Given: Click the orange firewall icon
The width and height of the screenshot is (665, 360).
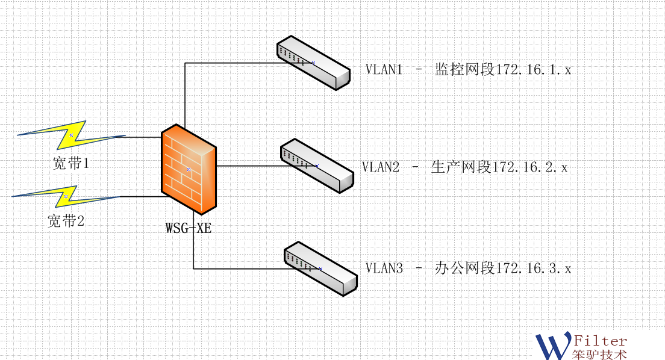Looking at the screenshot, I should click(x=189, y=169).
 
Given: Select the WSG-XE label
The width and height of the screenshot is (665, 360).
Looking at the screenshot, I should click(x=189, y=228).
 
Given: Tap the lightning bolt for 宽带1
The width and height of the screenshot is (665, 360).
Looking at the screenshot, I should click(x=71, y=135).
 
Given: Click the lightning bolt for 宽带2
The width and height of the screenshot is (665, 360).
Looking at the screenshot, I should click(x=66, y=196).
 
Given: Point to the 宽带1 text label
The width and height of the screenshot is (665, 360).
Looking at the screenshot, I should click(x=70, y=163).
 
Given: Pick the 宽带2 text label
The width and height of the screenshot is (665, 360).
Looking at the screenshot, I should click(x=66, y=221).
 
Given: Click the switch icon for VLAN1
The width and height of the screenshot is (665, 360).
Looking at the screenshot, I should click(x=313, y=63).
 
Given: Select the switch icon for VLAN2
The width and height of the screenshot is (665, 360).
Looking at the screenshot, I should click(x=317, y=166).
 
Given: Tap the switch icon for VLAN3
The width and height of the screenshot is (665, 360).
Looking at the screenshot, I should click(x=320, y=268).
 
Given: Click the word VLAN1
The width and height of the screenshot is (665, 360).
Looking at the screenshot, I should click(x=384, y=69).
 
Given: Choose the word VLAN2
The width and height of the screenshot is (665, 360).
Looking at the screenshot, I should click(x=381, y=167).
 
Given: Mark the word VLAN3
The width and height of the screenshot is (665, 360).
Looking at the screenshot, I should click(x=384, y=268).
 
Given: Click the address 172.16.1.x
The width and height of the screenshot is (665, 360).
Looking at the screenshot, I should click(x=533, y=70).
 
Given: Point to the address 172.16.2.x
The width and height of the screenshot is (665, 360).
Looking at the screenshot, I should click(x=530, y=167).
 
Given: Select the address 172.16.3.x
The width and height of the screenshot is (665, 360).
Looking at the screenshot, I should click(x=533, y=268).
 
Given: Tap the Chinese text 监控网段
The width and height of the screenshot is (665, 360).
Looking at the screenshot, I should click(x=464, y=69).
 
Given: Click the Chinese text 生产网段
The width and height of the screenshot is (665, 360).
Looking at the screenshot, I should click(x=461, y=167).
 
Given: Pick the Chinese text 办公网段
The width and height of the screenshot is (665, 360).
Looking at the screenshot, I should click(x=464, y=268).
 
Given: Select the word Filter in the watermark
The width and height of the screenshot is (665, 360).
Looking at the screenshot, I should click(x=601, y=341).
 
